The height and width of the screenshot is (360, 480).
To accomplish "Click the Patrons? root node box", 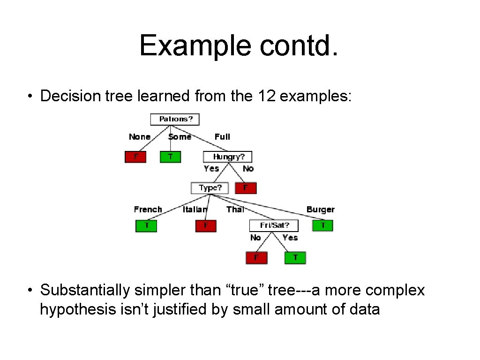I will [175, 119].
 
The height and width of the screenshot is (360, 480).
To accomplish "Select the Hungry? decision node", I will [227, 157].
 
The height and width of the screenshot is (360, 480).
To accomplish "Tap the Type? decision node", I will [210, 188].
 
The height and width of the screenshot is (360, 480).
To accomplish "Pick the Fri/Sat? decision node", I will [274, 225].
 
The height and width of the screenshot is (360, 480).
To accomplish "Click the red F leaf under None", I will [135, 157].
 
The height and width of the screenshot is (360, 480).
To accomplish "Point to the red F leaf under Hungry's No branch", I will [246, 188].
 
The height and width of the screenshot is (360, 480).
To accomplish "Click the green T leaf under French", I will [146, 226].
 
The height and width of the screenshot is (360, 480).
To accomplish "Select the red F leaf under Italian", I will [206, 226].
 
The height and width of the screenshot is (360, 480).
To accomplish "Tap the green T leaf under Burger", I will [322, 226].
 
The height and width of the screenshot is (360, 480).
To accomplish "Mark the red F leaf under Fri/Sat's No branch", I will [256, 257].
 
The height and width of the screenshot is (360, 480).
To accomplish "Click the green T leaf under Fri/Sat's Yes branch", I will [295, 257].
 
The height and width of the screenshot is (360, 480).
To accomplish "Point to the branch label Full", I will [222, 137].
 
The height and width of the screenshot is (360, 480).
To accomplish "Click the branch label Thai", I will [235, 210].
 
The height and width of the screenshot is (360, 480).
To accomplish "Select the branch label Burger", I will [321, 210].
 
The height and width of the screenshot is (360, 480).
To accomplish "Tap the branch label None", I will [140, 137].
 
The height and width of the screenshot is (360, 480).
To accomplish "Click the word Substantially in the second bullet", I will [85, 290].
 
